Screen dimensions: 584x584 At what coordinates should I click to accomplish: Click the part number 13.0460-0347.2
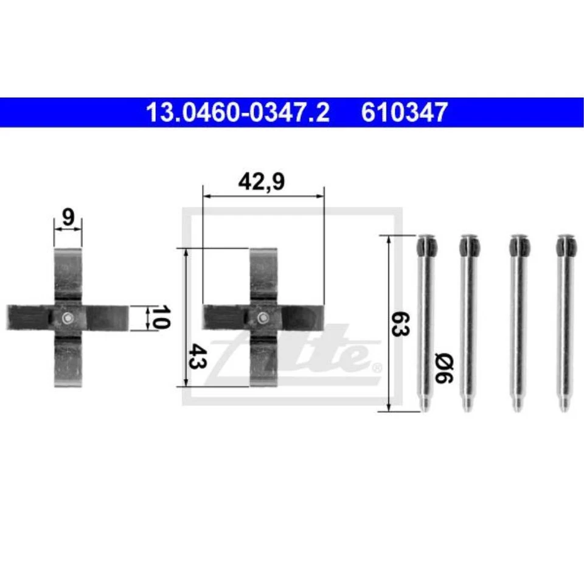tap(237, 113)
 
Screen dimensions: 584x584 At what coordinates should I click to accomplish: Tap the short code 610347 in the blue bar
tap(405, 113)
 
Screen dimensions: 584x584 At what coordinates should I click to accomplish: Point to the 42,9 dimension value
tap(262, 182)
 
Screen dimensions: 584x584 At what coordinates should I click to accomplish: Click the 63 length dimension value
tap(401, 323)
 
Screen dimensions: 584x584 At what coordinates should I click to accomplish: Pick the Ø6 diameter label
tap(443, 369)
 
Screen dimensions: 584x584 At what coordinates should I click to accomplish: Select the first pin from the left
tap(425, 322)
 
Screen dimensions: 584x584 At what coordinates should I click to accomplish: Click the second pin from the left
tap(468, 322)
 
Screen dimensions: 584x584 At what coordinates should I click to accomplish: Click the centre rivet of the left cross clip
tap(68, 317)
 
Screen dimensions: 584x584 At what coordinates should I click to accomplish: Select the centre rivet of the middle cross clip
tap(263, 317)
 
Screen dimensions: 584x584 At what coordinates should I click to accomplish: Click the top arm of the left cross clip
tap(68, 274)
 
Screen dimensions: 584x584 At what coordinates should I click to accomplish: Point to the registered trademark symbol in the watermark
tap(377, 367)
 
